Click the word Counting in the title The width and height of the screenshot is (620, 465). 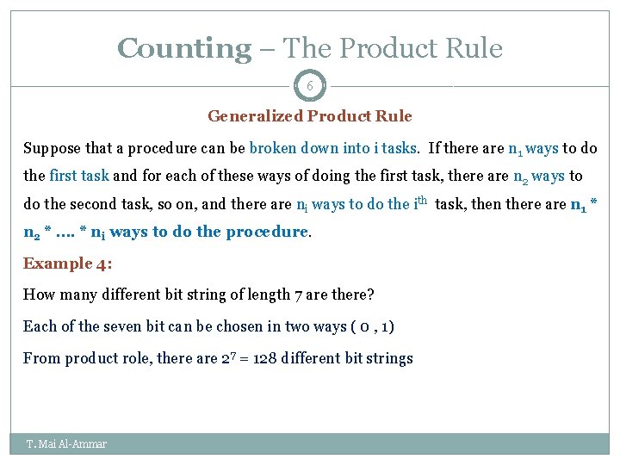point(183,48)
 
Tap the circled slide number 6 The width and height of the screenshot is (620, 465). point(309,86)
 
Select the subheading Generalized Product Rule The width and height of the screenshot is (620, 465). point(310,116)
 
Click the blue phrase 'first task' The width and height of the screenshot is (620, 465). point(79,176)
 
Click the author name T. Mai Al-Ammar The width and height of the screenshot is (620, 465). point(66,443)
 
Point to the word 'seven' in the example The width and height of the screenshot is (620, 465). point(127,326)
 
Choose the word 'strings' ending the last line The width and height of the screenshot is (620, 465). point(390,358)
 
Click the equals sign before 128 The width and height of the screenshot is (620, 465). point(250,359)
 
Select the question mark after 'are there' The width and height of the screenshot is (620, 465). point(370,294)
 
